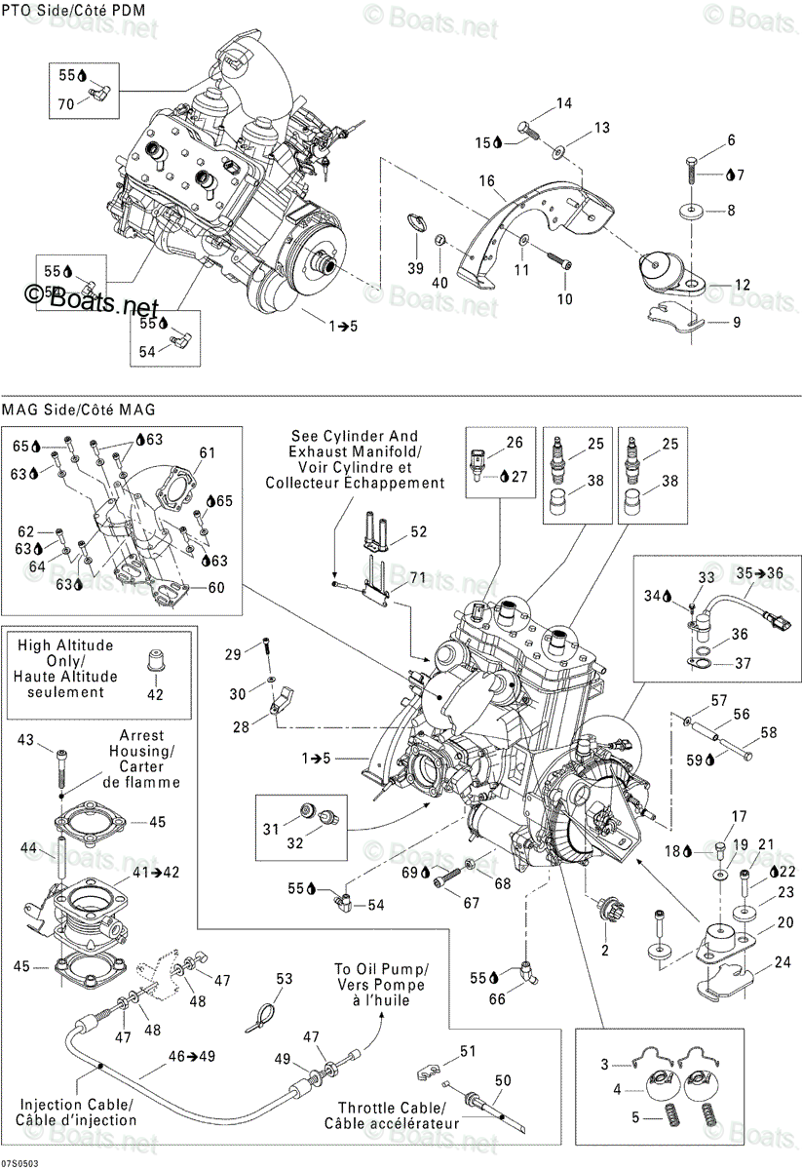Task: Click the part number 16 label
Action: (486, 180)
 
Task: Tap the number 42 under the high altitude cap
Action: (155, 694)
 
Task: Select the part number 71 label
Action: (418, 577)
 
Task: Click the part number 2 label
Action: (604, 950)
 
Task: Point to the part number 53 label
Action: (284, 979)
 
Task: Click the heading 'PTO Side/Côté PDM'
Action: (74, 10)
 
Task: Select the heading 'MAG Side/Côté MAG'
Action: (79, 409)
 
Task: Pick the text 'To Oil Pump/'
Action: (382, 969)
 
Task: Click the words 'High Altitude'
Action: (65, 645)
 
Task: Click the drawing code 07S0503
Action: (19, 1164)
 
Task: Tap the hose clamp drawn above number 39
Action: (417, 222)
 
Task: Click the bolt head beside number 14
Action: (523, 127)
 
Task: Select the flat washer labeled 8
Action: (691, 211)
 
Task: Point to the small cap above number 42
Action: (152, 662)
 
